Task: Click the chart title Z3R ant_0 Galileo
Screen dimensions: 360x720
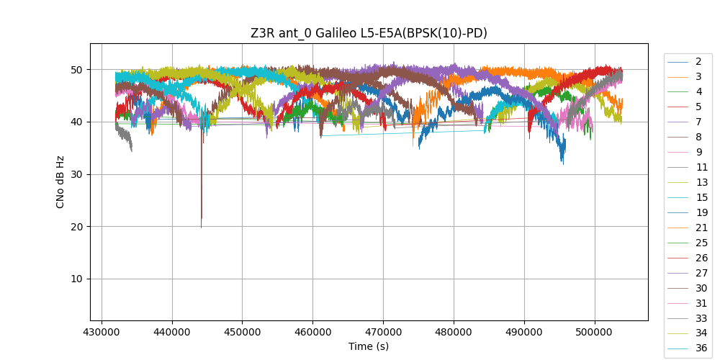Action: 369,33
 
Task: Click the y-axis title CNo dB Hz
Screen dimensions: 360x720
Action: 60,181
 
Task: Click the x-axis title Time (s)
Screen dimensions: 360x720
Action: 369,346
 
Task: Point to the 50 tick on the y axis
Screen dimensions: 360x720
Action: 91,70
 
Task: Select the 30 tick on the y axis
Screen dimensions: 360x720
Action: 91,174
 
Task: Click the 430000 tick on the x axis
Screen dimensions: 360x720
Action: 102,320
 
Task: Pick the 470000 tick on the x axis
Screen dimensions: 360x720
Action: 383,320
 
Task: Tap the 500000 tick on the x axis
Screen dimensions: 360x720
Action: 595,320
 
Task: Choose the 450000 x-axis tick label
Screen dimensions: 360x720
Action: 243,331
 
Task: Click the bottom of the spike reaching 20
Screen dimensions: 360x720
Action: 201,227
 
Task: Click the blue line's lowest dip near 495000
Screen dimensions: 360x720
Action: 563,163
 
